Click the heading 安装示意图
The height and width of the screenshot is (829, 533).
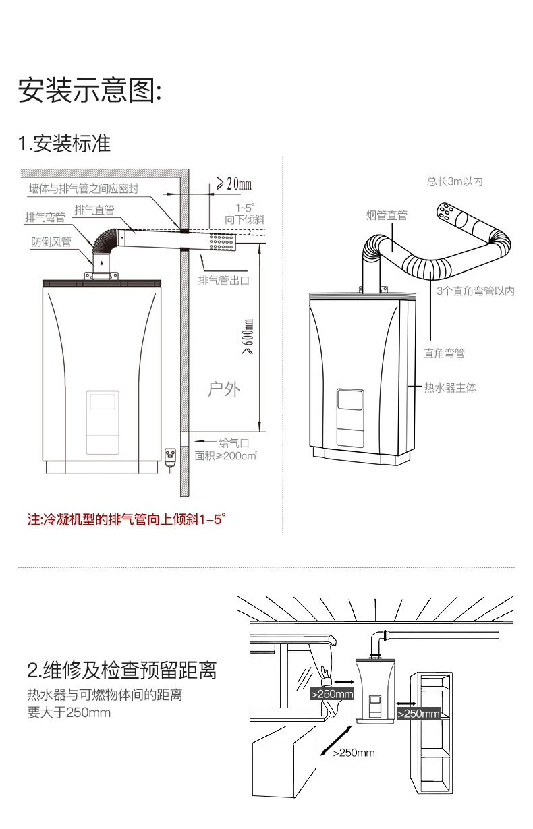90,90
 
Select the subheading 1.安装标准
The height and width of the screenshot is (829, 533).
64,144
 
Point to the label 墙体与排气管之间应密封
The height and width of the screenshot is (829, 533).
84,190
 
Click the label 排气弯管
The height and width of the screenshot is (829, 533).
46,217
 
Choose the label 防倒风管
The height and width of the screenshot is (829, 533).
51,241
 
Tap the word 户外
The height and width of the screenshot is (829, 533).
224,389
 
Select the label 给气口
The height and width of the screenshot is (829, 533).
233,443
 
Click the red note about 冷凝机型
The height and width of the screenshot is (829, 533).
125,520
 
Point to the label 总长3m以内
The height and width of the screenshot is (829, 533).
454,181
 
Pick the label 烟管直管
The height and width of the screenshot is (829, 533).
387,215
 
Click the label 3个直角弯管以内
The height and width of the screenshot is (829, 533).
475,291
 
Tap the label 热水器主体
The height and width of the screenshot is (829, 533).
450,388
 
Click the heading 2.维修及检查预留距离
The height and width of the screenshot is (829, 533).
122,670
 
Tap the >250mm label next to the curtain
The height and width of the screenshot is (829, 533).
332,693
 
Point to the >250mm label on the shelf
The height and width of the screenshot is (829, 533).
418,714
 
